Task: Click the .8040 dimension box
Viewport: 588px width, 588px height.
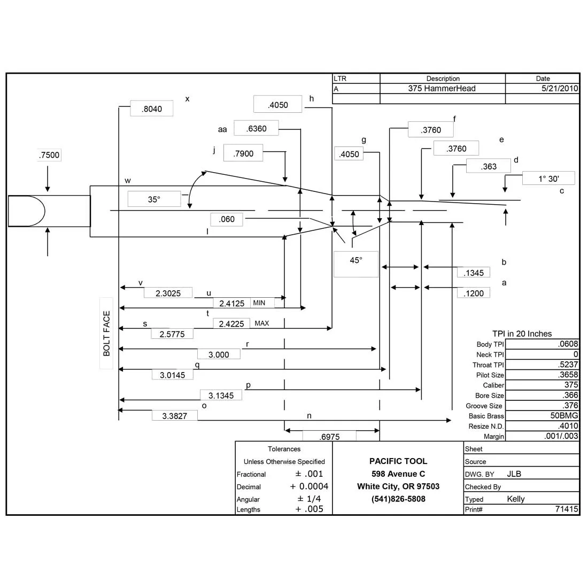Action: point(151,109)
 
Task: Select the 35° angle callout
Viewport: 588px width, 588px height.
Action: point(154,199)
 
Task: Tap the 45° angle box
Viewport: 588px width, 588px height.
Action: point(356,264)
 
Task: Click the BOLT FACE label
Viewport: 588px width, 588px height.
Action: point(106,334)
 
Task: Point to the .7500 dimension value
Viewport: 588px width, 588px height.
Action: point(49,155)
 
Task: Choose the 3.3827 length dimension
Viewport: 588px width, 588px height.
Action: point(175,415)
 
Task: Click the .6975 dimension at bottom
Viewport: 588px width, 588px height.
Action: point(330,437)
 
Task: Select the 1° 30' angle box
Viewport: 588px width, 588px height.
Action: point(548,179)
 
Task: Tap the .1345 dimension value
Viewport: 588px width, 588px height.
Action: point(473,273)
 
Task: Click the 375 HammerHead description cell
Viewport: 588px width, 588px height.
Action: point(442,89)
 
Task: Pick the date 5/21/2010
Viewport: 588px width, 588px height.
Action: point(560,89)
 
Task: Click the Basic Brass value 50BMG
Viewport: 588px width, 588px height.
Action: point(564,415)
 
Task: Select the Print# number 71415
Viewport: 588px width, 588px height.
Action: point(567,509)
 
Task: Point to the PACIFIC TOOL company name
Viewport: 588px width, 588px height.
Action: point(398,461)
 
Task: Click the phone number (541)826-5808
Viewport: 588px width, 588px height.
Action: point(398,499)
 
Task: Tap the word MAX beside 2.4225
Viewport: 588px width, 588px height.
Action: point(262,323)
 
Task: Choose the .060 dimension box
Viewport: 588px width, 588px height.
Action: point(227,219)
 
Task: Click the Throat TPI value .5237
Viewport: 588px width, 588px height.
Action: point(568,364)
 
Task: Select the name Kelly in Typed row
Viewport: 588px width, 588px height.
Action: point(516,499)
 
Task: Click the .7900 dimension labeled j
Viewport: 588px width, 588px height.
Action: point(243,153)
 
